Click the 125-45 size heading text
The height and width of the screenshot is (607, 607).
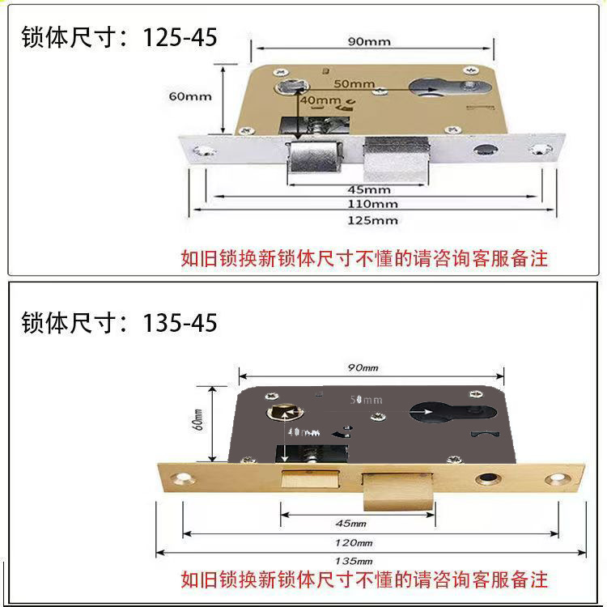pyautogui.click(x=119, y=37)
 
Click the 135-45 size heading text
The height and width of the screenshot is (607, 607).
pyautogui.click(x=119, y=323)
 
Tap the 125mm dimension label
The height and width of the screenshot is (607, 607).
pyautogui.click(x=373, y=220)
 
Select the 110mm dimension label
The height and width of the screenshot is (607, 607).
pyautogui.click(x=373, y=204)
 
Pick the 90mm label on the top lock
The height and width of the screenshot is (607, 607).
pyautogui.click(x=369, y=41)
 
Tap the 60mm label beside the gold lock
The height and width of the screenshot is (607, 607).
pyautogui.click(x=190, y=96)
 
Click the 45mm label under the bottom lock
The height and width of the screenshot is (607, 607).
pyautogui.click(x=349, y=522)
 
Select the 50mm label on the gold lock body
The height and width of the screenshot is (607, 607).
pyautogui.click(x=354, y=83)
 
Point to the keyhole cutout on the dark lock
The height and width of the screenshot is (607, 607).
pyautogui.click(x=442, y=412)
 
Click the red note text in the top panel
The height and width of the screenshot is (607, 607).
pyautogui.click(x=363, y=259)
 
